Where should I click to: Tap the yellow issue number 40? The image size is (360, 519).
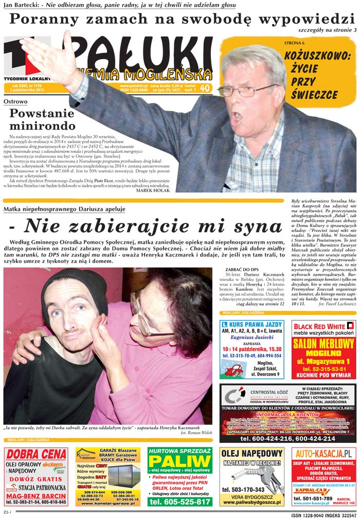(x=205, y=88)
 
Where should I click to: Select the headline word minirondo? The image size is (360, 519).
(x=43, y=125)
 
